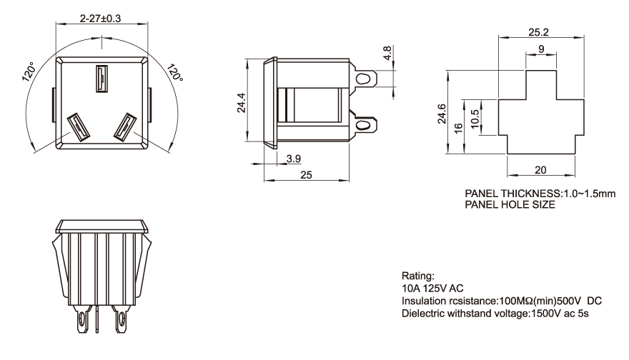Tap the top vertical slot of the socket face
tap(101, 79)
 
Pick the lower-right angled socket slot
tap(127, 128)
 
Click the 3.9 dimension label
tap(293, 158)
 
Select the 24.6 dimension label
tap(441, 112)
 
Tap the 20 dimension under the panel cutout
tap(540, 169)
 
